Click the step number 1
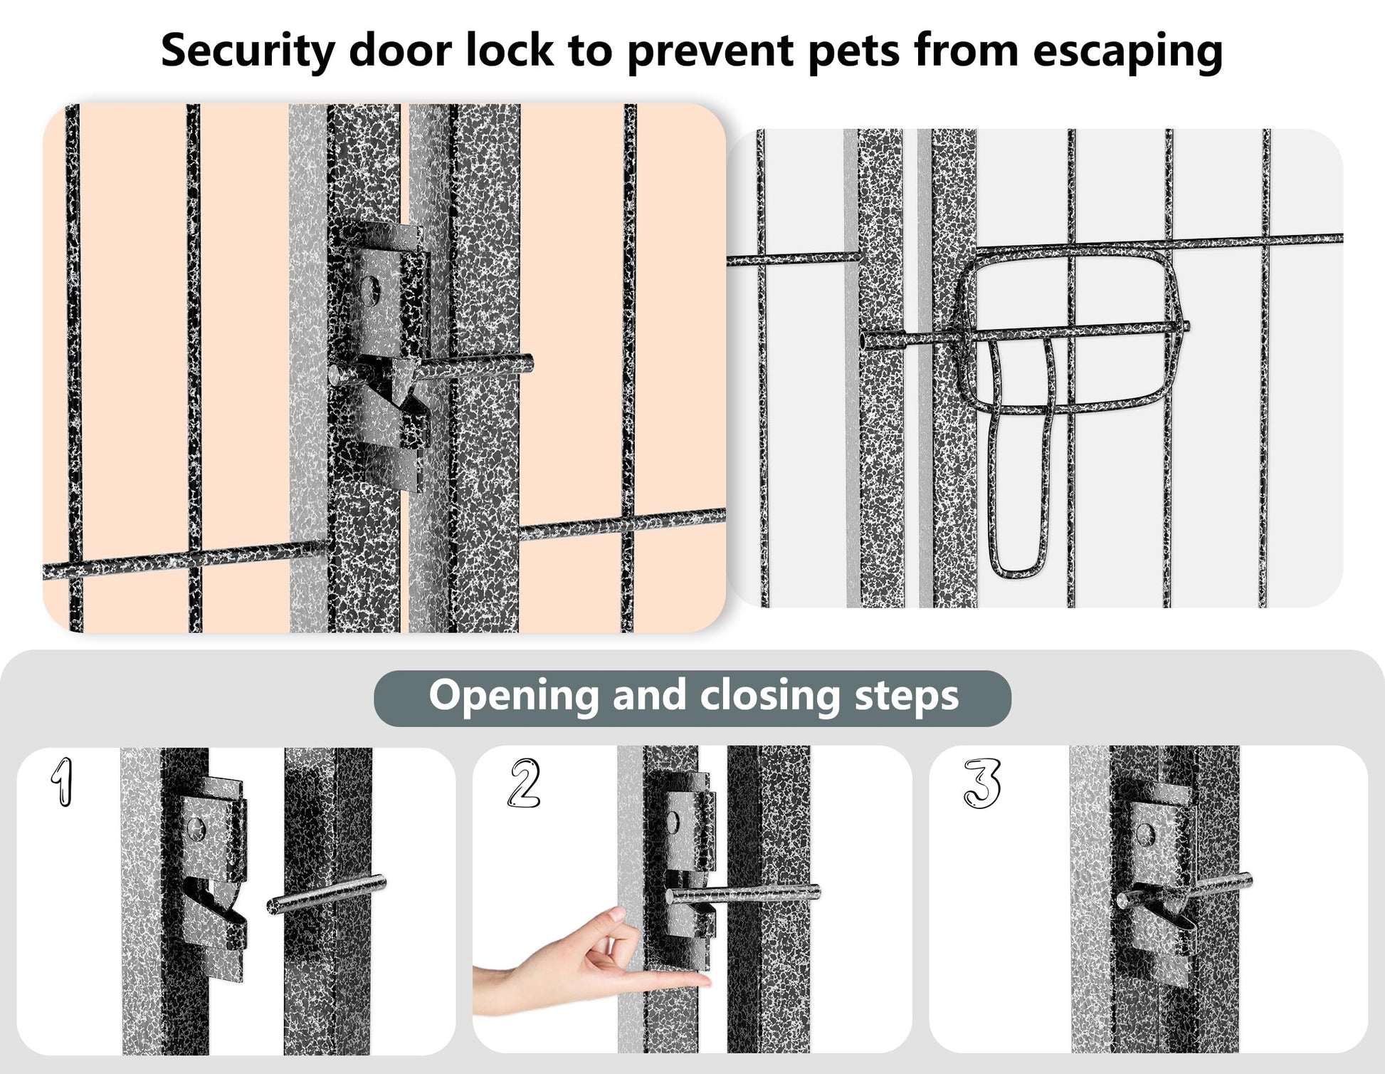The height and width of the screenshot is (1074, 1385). click(x=63, y=782)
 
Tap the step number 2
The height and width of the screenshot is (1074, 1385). click(x=524, y=783)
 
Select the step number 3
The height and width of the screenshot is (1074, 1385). click(x=982, y=783)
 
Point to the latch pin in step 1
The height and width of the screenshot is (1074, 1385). click(x=327, y=894)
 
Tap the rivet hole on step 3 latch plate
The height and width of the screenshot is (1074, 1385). click(x=1144, y=833)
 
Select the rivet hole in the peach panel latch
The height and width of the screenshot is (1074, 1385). click(x=369, y=288)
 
